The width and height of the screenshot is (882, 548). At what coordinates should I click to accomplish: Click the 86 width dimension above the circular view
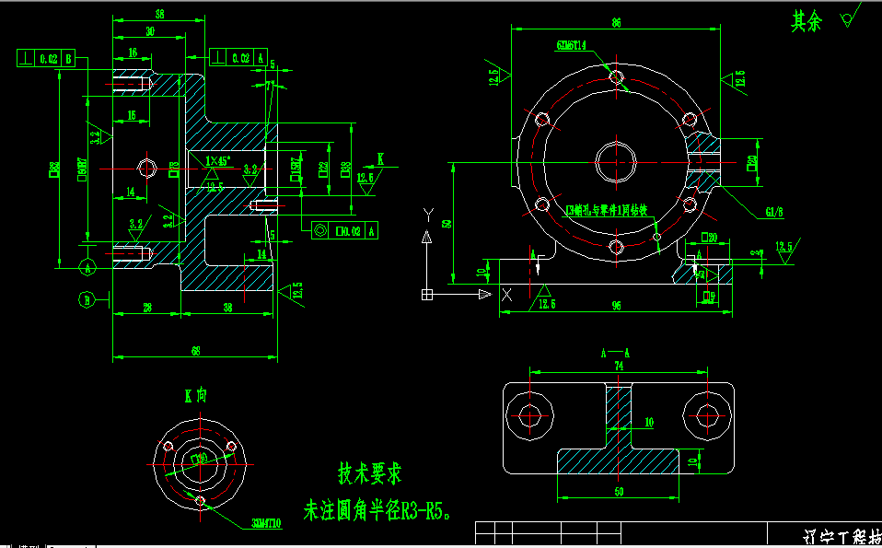coord(615,21)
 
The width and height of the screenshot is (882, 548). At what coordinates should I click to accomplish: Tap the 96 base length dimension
coord(616,305)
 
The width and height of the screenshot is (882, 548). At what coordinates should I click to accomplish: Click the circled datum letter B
coord(87,299)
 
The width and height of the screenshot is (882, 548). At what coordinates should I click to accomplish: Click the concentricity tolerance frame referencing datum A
coord(343,230)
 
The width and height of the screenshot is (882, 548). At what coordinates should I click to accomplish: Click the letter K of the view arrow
coord(380,157)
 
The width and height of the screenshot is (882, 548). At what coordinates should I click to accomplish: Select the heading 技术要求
coord(369,473)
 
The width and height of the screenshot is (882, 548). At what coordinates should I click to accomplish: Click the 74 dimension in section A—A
coord(618,366)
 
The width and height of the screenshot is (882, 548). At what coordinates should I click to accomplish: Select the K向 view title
coord(195,395)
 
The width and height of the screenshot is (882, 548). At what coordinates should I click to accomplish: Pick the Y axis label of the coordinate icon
coord(426,214)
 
